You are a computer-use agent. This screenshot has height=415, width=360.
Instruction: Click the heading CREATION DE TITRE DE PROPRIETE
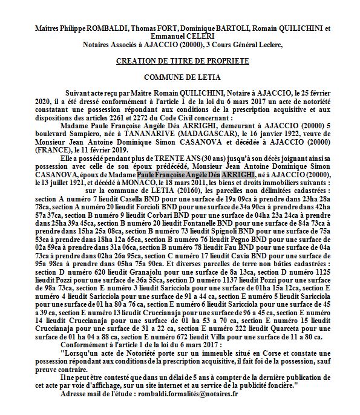pos(180,61)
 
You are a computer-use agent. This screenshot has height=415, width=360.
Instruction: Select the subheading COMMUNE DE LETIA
pos(180,77)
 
